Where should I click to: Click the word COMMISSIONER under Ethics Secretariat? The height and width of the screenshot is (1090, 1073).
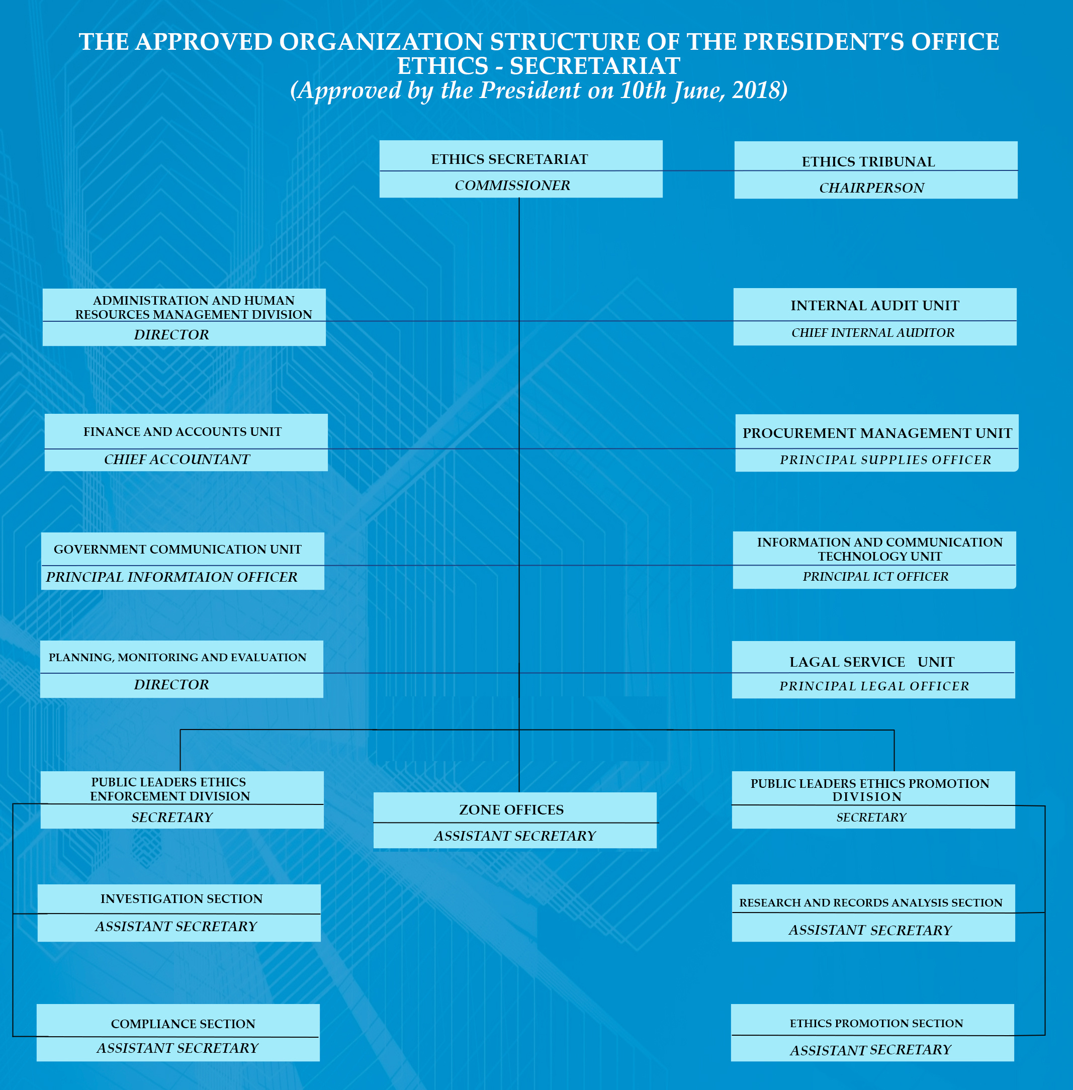(512, 186)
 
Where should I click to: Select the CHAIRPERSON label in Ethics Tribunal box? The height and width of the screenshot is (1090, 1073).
(871, 188)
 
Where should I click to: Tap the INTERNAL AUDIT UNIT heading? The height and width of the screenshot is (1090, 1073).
(874, 306)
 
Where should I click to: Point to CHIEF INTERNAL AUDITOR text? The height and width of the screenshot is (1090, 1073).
(873, 332)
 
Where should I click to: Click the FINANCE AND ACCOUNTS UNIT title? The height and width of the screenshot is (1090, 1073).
(183, 432)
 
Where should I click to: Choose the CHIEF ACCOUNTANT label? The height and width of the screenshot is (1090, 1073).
(177, 460)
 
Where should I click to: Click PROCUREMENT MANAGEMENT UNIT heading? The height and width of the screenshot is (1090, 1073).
(877, 433)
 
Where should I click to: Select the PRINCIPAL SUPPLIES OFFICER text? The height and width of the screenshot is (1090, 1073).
(885, 460)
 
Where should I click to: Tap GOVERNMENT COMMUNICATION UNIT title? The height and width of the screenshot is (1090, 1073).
(177, 549)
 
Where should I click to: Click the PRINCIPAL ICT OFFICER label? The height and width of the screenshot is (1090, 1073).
(875, 577)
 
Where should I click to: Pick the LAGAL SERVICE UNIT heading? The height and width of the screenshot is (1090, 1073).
(872, 662)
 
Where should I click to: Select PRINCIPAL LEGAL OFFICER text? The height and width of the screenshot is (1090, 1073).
(874, 686)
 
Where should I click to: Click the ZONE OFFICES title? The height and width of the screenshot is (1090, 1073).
(511, 810)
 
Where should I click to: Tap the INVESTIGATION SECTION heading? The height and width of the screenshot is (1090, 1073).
(182, 898)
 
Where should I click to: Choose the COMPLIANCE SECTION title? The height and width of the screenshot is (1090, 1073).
(183, 1024)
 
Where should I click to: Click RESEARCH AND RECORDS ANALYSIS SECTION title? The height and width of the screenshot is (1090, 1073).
(871, 902)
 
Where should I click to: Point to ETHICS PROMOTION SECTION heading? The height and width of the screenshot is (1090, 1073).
(876, 1023)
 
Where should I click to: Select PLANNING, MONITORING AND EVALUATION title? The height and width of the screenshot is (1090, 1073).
(177, 657)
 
